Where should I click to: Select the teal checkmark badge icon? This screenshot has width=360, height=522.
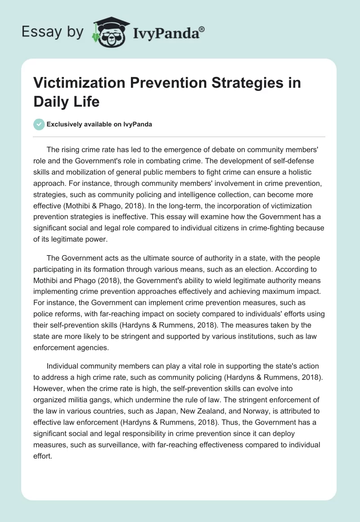[x=39, y=125]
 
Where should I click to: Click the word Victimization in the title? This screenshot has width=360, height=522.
[x=77, y=83]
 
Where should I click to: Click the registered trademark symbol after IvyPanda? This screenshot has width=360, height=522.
[x=202, y=28]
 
